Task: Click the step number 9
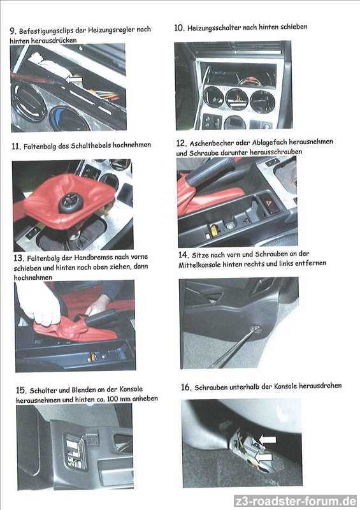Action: [x=13, y=31]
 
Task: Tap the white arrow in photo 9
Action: [x=73, y=79]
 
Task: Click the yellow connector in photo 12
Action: [x=214, y=230]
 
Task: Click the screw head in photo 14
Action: [x=256, y=328]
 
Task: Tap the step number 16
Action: [x=186, y=387]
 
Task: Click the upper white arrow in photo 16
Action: [x=267, y=440]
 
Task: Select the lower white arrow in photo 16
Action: [x=263, y=457]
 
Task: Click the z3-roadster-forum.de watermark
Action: [x=295, y=500]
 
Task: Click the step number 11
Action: [x=17, y=147]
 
